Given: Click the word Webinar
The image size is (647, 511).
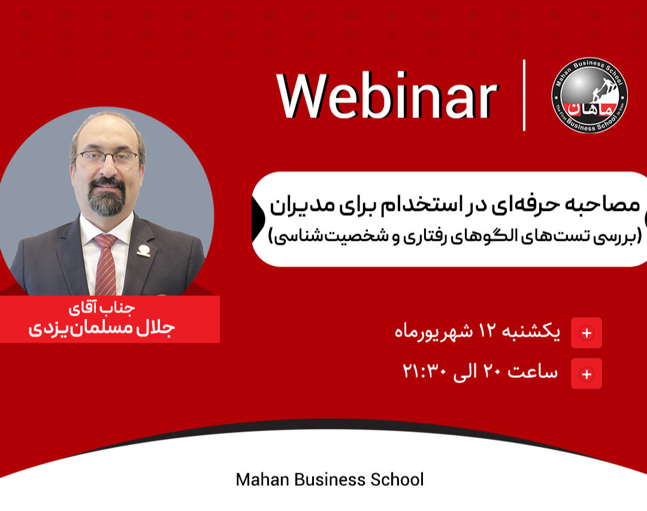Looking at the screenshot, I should (387, 96).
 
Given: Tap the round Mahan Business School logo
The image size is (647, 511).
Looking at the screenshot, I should (589, 95).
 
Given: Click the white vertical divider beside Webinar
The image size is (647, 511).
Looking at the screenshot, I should (524, 95).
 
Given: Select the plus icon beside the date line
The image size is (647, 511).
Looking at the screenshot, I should (586, 333).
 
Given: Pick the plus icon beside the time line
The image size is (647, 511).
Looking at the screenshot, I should (586, 374).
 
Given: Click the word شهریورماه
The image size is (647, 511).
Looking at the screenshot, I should (434, 332).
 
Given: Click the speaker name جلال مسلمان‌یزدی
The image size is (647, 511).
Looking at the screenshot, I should (101, 329).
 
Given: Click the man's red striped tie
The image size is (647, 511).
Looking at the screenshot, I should (106, 264).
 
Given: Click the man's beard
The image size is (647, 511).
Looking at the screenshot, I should (108, 198).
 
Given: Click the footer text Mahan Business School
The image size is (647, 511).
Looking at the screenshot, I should (329, 479).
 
